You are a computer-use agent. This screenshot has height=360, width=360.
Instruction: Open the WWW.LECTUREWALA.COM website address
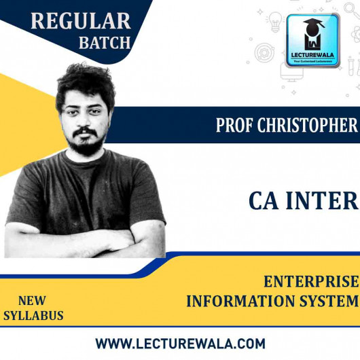pyautogui.click(x=180, y=343)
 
